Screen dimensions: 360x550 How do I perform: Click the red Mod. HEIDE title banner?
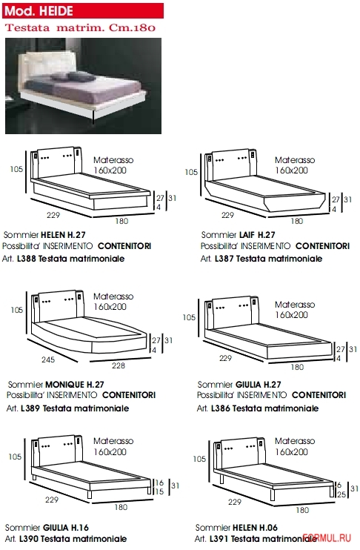click(83, 10)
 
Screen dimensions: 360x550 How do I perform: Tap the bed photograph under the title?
click(84, 86)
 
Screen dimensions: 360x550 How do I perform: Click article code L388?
click(26, 259)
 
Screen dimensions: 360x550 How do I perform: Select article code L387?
click(224, 259)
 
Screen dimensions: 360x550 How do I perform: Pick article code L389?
click(30, 408)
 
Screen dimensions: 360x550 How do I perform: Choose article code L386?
click(221, 408)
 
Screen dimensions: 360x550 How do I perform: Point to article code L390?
click(29, 538)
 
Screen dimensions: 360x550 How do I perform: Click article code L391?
click(219, 538)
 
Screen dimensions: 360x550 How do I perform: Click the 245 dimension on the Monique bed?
click(48, 360)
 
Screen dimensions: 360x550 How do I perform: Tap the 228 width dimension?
click(119, 365)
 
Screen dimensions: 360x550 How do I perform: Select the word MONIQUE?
click(65, 385)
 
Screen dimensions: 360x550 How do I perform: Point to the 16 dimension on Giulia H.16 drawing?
click(159, 483)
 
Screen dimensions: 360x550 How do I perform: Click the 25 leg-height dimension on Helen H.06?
click(341, 494)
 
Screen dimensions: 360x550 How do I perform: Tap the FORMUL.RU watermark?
click(327, 538)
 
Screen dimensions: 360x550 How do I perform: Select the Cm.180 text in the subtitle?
click(132, 27)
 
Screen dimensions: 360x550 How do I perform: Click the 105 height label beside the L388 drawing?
click(16, 169)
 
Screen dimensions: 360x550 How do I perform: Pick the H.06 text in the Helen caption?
click(268, 528)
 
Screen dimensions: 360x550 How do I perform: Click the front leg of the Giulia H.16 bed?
click(89, 494)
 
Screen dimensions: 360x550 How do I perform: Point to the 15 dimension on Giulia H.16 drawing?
click(159, 491)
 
